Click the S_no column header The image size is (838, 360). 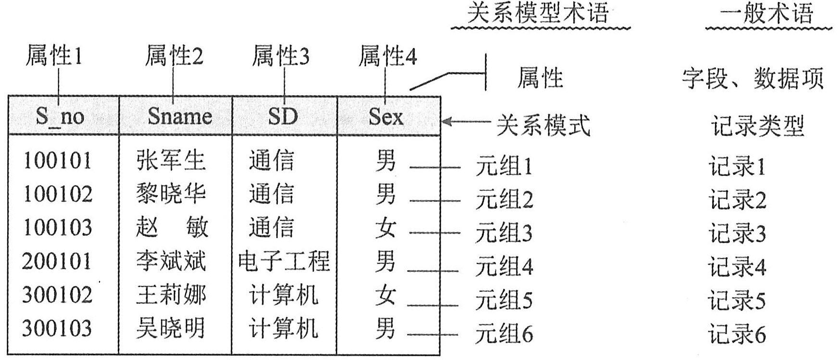(60, 116)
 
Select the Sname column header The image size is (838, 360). (179, 116)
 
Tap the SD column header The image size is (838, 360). (283, 116)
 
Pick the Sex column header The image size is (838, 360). (386, 116)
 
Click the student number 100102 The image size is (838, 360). (58, 194)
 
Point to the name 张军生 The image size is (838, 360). (171, 161)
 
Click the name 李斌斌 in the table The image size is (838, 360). (171, 261)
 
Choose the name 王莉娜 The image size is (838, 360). (171, 295)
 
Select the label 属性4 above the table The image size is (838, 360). (388, 56)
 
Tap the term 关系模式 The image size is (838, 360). (543, 126)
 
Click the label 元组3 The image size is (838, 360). (504, 234)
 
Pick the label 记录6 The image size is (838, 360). (737, 335)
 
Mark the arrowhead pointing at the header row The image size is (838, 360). (446, 121)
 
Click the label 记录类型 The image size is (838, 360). (758, 126)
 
